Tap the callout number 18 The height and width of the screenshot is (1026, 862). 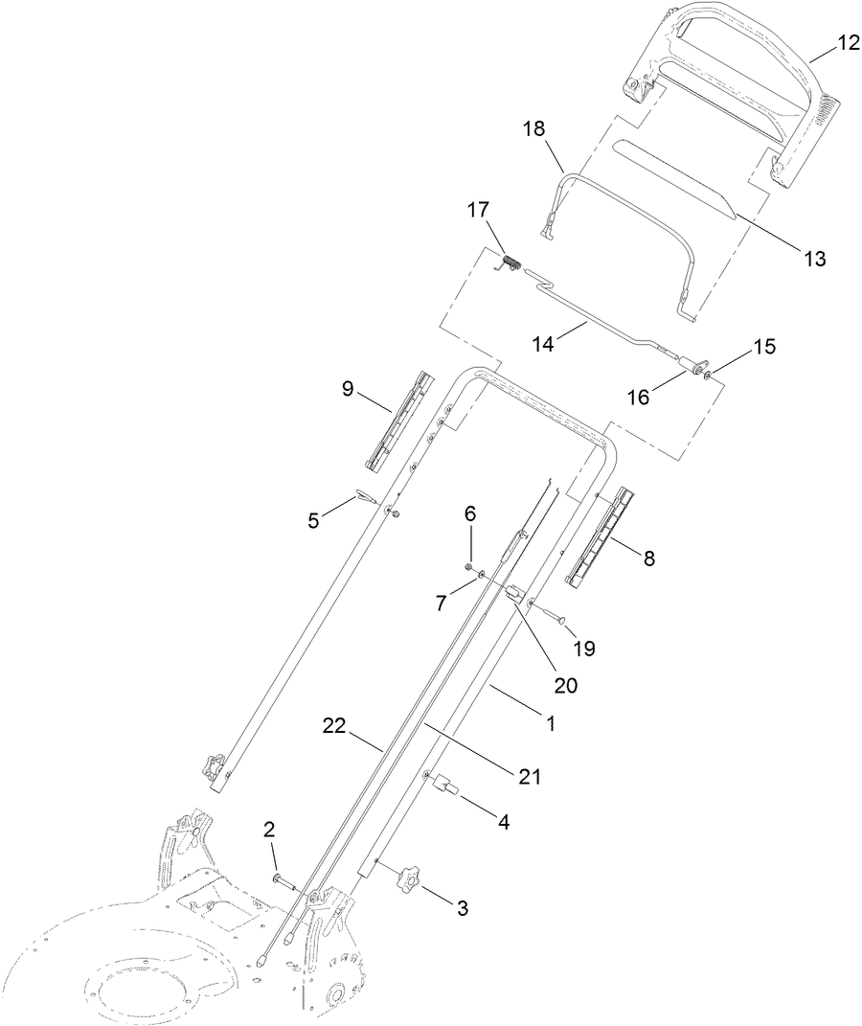pos(533,127)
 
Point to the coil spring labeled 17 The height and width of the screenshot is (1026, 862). pos(511,262)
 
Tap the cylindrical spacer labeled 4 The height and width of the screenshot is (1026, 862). pos(446,787)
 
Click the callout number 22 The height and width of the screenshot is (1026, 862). pos(332,729)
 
